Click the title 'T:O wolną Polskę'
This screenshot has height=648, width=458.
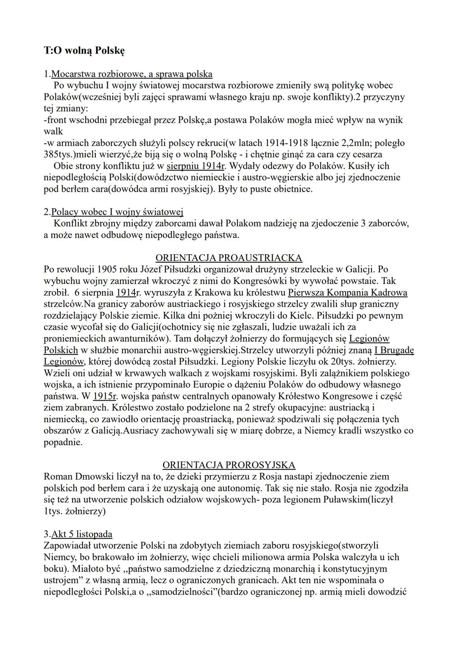coord(84,50)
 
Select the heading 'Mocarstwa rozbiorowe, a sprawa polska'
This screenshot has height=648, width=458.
coord(131,74)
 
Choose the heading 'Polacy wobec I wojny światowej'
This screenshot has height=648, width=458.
coord(117,212)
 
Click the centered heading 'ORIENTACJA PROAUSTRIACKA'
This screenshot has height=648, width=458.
coord(229,258)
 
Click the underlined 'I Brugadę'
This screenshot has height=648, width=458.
coord(394,350)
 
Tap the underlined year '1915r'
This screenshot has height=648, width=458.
coord(105,396)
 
